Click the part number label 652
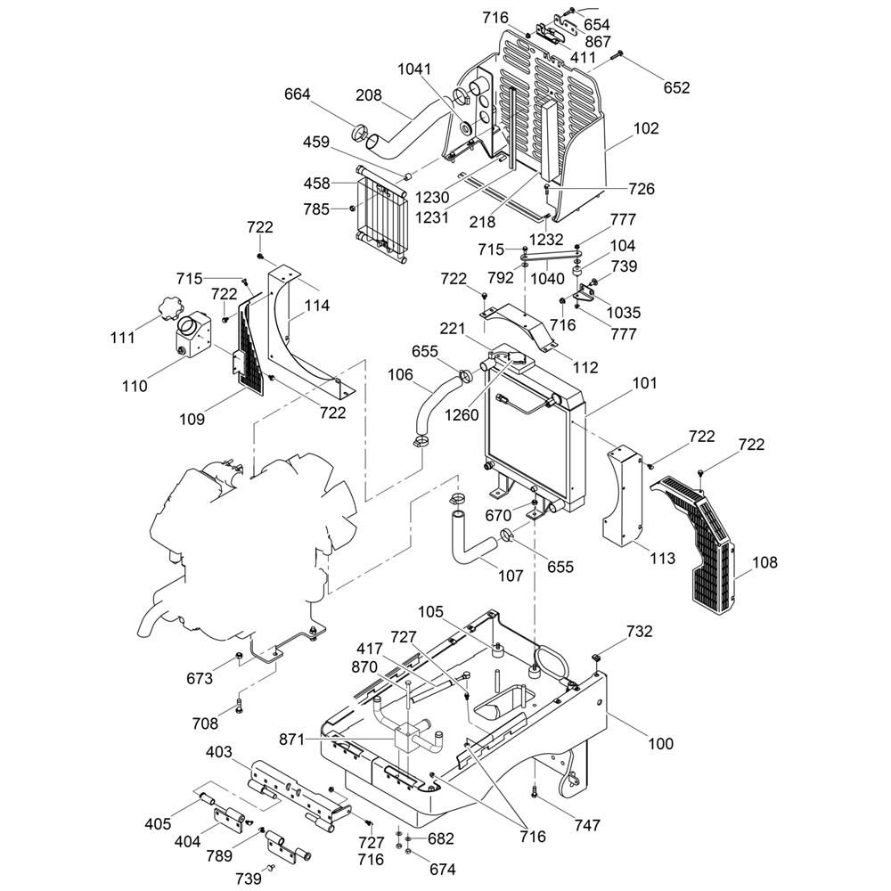coord(676,87)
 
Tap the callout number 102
coord(646,128)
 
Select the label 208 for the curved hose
coord(369,95)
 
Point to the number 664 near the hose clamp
coord(298,94)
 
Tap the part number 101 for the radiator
coord(644,383)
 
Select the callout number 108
coord(764,562)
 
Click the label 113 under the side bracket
coord(662,559)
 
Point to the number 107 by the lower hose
coord(511,576)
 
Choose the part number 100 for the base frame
coord(660,743)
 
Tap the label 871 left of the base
coord(316,740)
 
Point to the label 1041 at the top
coord(414,69)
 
